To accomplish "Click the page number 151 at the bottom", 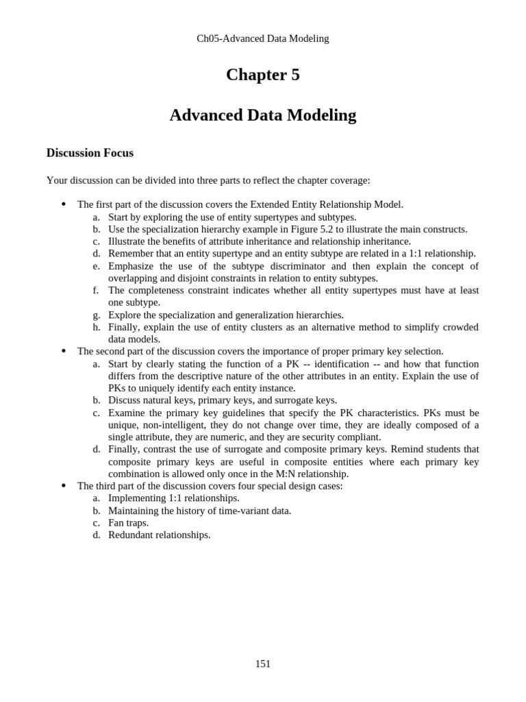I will (x=263, y=664).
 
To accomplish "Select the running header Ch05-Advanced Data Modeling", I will (x=263, y=38).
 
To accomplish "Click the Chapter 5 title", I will (x=263, y=75).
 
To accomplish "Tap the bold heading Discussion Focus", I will (x=90, y=153).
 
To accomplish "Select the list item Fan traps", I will (x=128, y=522).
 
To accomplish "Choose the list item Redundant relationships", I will (x=159, y=535).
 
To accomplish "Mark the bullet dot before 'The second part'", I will (x=63, y=351).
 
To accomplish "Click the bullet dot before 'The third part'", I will (x=63, y=486).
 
